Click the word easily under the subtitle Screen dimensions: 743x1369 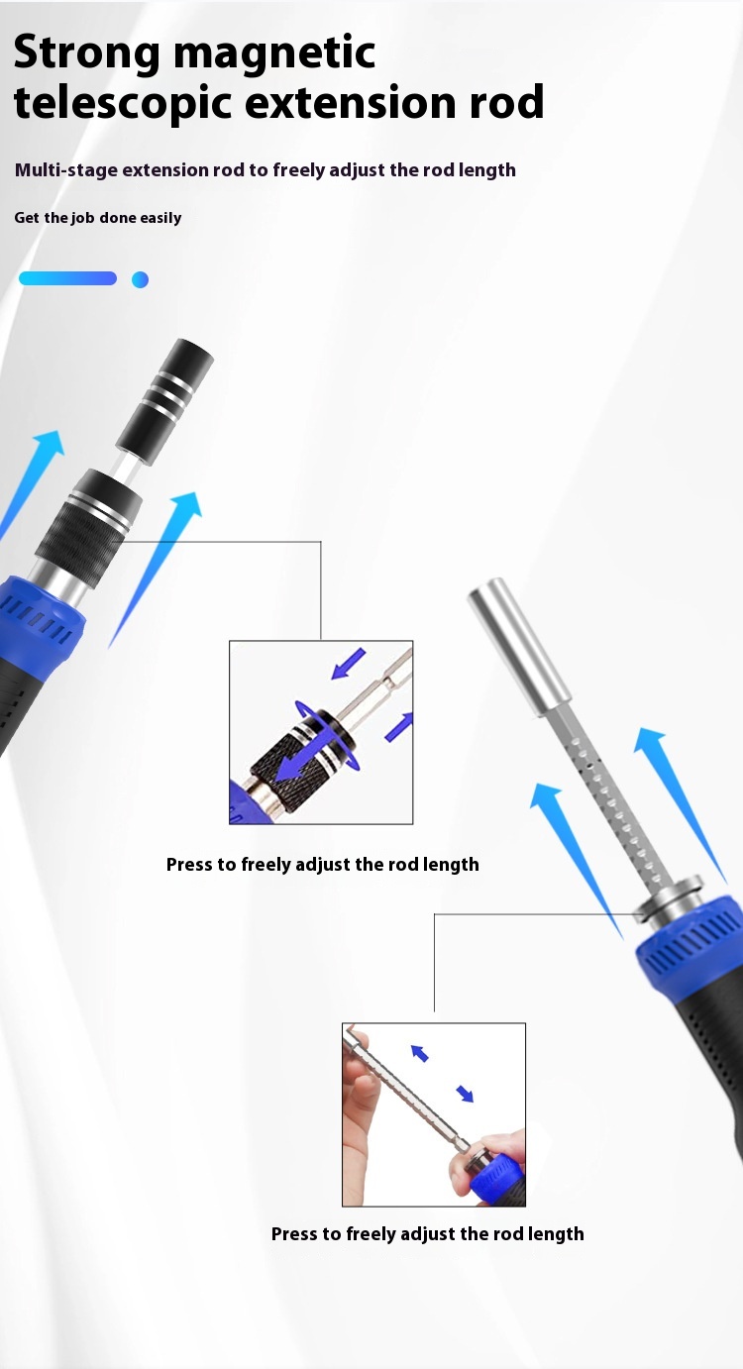point(160,218)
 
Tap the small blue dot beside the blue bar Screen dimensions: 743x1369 point(140,279)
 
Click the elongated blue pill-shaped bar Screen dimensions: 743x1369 point(67,278)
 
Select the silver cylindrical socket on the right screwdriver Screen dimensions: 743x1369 point(519,647)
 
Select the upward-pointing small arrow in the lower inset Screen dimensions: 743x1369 point(419,1053)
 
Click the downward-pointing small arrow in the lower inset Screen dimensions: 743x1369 point(465,1094)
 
